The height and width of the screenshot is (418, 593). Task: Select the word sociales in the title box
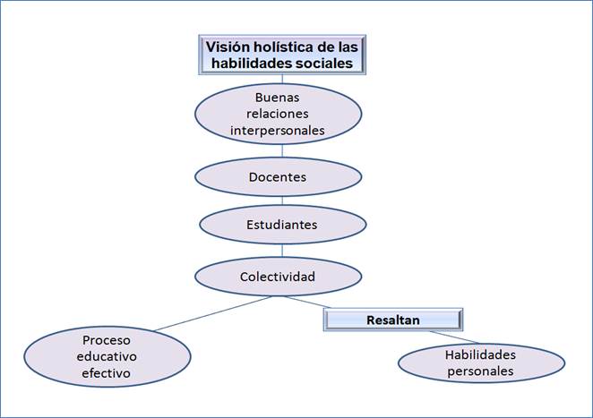coord(330,64)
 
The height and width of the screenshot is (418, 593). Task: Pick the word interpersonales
coord(278,131)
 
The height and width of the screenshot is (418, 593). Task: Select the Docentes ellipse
coord(278,177)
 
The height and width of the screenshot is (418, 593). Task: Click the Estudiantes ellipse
coord(282,225)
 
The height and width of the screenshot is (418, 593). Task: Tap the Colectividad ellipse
coord(278,277)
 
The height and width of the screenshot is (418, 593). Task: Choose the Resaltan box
coord(392,320)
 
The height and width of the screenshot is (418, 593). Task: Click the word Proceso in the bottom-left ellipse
coord(107,340)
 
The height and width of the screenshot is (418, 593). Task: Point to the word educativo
coord(107,356)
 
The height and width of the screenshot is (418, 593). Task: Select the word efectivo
coord(107,372)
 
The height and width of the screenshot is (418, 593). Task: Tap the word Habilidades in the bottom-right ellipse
coord(480,354)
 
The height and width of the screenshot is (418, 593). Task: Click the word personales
coord(480,371)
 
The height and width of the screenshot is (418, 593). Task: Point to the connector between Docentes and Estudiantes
coord(279,200)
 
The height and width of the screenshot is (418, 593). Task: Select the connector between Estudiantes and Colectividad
coord(279,251)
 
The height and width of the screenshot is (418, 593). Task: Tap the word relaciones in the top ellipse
coord(278,113)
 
